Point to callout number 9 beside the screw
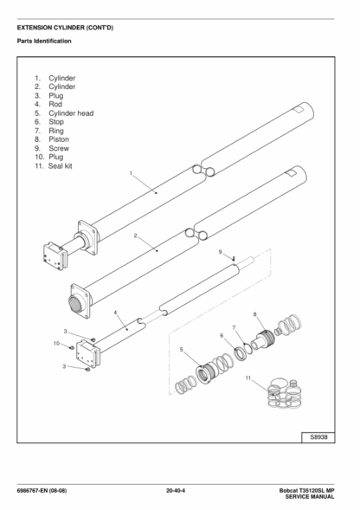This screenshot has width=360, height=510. pos(220,252)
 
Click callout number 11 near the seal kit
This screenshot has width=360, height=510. pos(248,378)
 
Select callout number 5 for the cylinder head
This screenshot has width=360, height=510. pos(182,350)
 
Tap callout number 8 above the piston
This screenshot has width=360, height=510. pos(255,314)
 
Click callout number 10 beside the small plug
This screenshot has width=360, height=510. pos(56,344)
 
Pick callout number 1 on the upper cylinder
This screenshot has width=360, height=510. pos(131,173)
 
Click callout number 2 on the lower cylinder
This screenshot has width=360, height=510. pos(136,236)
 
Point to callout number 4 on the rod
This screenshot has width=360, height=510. pos(115,313)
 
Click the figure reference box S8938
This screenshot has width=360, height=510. pos(318,437)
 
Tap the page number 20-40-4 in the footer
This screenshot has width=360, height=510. pos(176,491)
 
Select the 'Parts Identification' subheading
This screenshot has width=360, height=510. pos(44,41)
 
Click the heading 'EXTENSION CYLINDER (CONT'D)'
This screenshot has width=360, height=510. pos(66,28)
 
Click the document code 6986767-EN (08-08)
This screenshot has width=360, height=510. pos(42,491)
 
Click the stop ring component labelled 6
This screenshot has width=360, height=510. pos(241,354)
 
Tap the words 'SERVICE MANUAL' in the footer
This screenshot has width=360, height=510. pos(310,497)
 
